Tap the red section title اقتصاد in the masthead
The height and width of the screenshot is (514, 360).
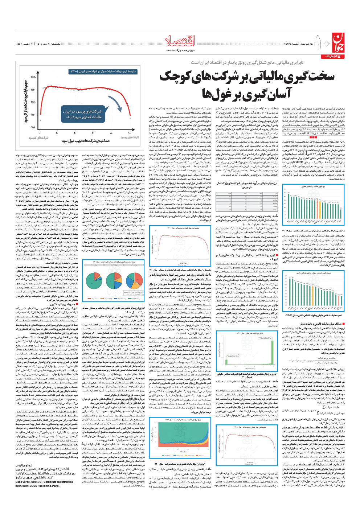point(180,41)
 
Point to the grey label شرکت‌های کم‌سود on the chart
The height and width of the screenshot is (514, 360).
point(38,138)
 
